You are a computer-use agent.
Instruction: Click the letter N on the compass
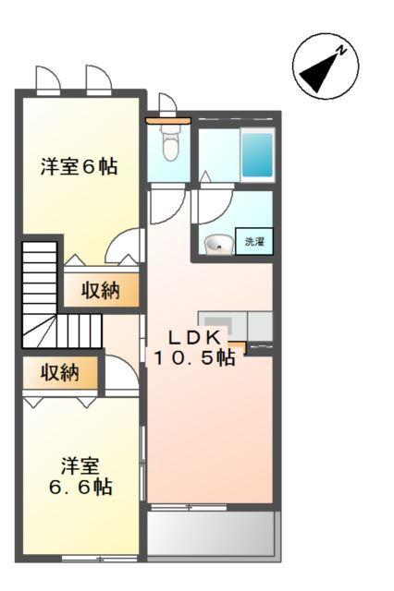pos(341,52)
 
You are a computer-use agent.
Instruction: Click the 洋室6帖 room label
pos(79,167)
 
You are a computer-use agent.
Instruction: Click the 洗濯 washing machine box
pos(253,242)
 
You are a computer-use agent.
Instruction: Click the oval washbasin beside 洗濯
pos(219,245)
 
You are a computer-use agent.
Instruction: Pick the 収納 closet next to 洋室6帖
pos(101,290)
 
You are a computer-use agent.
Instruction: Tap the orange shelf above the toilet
pos(167,119)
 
